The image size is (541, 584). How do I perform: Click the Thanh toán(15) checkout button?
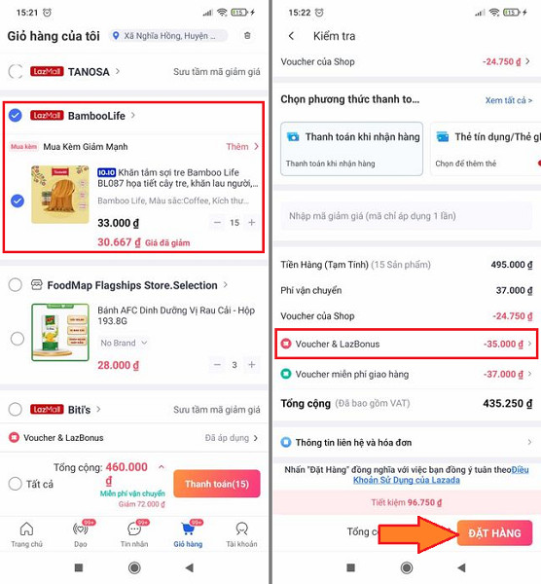[216, 484]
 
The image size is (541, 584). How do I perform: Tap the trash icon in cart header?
[247, 36]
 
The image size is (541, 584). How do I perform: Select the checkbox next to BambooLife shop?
[15, 116]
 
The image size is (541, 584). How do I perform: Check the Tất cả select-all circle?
[15, 484]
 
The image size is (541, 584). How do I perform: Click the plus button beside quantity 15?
[252, 223]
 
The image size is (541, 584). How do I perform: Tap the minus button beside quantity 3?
[216, 365]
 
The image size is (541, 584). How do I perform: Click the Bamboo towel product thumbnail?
[60, 194]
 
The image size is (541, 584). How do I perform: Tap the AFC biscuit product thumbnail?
[60, 333]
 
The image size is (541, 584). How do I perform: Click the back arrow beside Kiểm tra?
[291, 36]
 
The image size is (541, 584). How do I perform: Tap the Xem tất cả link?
[508, 100]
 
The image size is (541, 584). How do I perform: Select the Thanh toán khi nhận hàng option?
[351, 146]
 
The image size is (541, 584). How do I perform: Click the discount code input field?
[405, 216]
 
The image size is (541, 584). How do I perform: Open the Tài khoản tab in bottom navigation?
[241, 534]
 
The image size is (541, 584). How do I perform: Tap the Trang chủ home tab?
[26, 534]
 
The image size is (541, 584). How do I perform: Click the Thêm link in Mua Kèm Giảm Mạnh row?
[238, 147]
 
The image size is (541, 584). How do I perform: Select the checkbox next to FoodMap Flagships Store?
[15, 285]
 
